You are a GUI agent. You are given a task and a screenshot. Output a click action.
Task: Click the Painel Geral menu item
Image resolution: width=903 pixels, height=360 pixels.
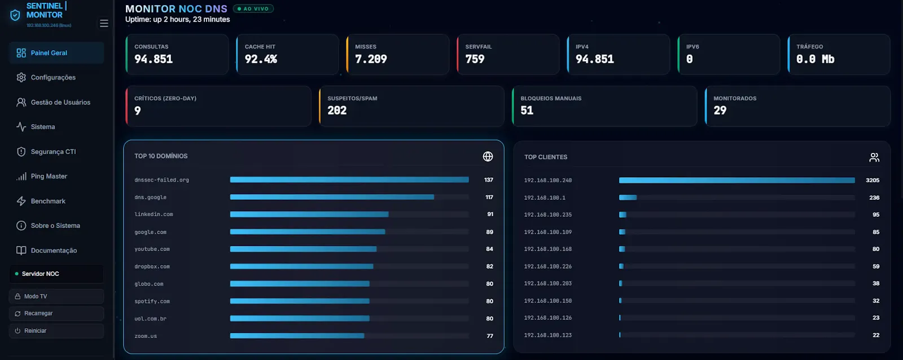[x=56, y=53]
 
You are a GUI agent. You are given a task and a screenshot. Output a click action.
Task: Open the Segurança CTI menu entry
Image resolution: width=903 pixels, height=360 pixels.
[x=46, y=152]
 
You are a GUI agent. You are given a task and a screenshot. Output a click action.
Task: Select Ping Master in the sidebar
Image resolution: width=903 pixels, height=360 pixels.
[x=42, y=176]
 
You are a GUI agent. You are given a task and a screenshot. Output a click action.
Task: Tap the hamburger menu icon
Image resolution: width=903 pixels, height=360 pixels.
[x=104, y=23]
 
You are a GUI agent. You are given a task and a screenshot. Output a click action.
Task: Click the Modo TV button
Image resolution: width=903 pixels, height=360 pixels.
[x=56, y=296]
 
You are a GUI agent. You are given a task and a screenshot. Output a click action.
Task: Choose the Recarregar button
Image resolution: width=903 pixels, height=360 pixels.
[x=56, y=313]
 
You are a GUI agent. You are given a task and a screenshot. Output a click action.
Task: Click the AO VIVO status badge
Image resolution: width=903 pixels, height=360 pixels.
[x=253, y=8]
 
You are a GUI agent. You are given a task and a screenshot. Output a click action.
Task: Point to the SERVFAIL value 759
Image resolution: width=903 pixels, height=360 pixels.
[x=475, y=59]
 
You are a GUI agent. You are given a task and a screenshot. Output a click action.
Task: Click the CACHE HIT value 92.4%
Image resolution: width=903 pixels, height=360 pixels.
[x=261, y=59]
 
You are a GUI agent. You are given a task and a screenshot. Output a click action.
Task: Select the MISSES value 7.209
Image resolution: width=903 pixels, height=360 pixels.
[x=371, y=59]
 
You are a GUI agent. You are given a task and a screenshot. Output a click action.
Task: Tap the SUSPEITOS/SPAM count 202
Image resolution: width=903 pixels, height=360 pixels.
[x=337, y=111]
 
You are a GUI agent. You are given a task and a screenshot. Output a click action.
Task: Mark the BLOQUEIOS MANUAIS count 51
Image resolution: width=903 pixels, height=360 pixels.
[x=527, y=111]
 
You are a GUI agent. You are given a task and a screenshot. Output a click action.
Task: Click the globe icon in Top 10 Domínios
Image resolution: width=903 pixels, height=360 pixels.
[x=488, y=156]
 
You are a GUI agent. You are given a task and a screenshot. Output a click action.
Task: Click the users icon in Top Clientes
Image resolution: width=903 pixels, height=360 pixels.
[x=874, y=157]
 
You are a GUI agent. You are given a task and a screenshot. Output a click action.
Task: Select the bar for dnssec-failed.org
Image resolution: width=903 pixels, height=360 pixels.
[x=349, y=180]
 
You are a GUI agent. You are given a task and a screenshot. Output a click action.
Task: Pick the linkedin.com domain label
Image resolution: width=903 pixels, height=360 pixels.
[x=154, y=214]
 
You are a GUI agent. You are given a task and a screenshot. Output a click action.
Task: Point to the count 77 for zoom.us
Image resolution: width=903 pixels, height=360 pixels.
[x=490, y=336]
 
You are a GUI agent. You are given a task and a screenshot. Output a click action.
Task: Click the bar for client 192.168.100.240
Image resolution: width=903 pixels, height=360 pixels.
[x=737, y=180]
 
